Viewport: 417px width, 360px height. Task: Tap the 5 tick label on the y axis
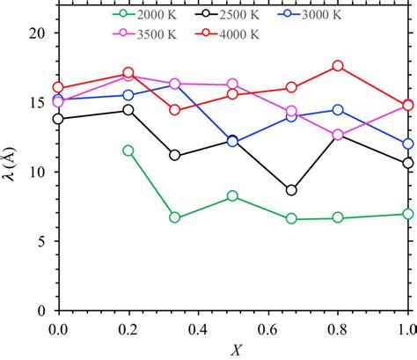pyautogui.click(x=40, y=242)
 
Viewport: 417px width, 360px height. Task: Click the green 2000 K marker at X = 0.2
pyautogui.click(x=128, y=151)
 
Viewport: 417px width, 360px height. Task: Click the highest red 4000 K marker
pyautogui.click(x=338, y=66)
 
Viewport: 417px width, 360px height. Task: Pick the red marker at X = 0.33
pyautogui.click(x=174, y=110)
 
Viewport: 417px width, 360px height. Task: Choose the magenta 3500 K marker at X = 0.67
pyautogui.click(x=291, y=111)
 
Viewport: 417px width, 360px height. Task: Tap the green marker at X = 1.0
pyautogui.click(x=407, y=214)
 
